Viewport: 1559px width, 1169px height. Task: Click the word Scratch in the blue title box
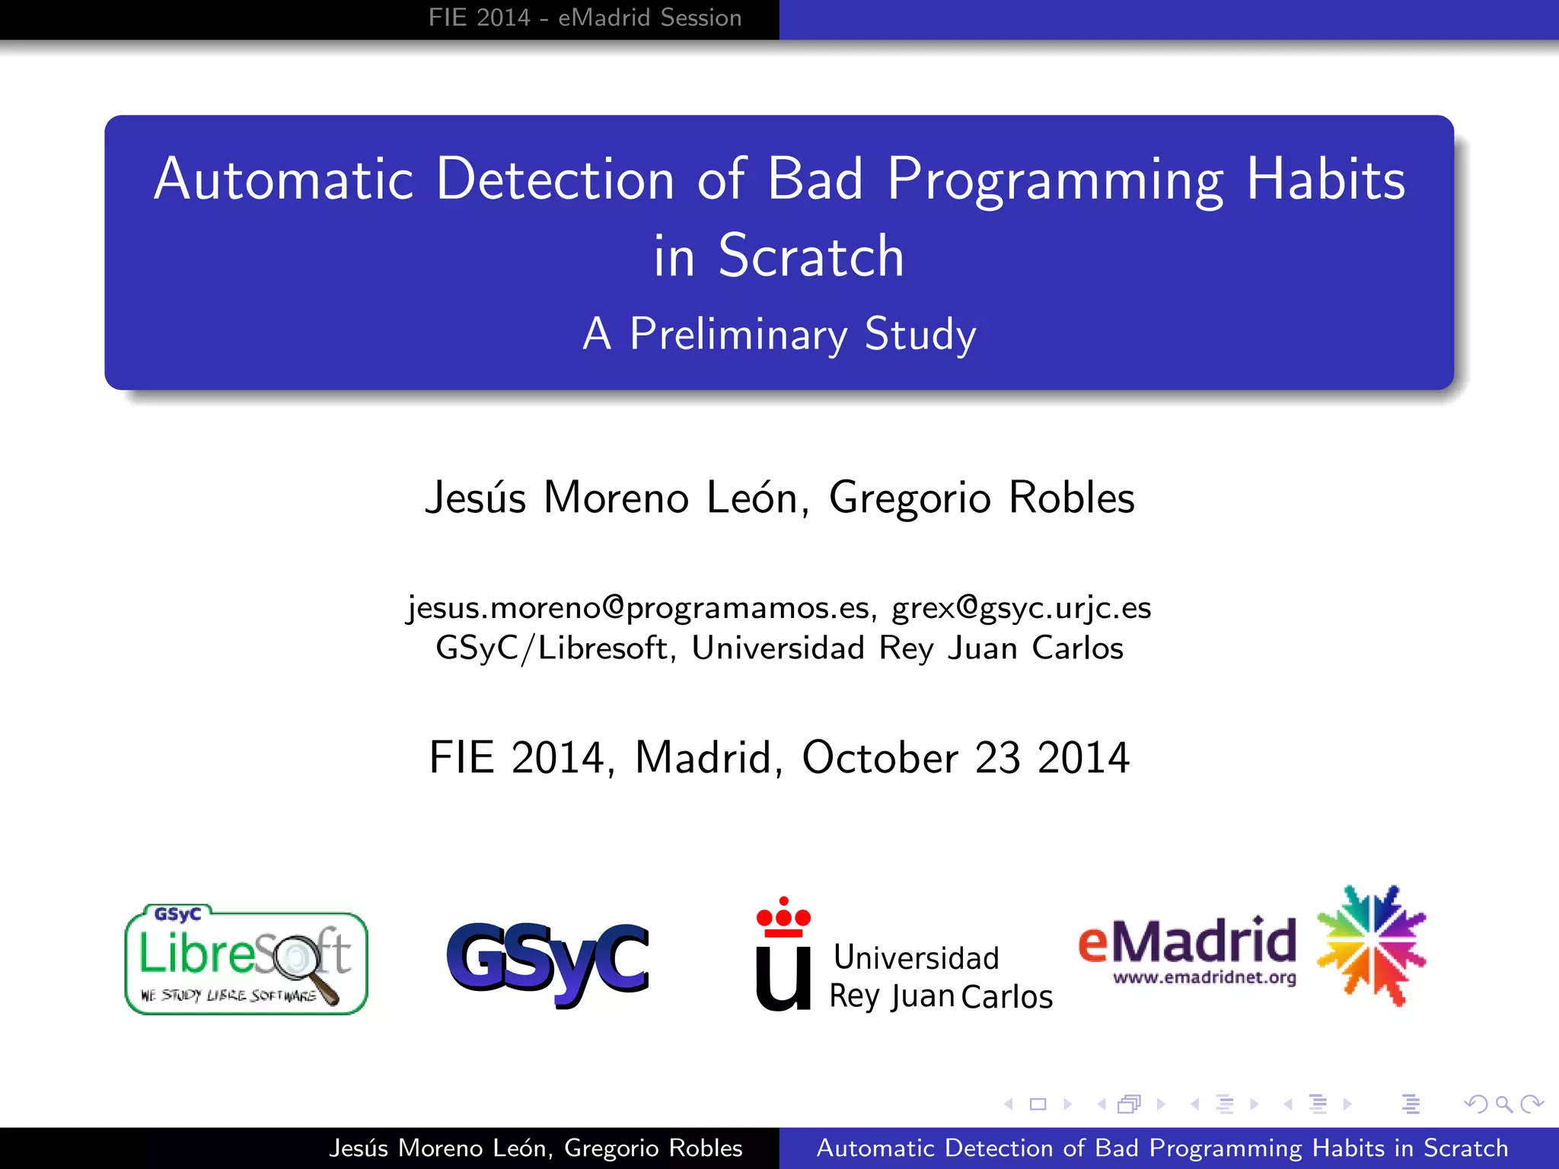point(811,256)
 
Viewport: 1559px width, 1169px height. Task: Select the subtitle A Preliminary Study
point(779,334)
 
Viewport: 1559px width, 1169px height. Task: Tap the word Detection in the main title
point(555,180)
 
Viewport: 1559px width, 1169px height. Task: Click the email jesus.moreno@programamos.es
point(638,608)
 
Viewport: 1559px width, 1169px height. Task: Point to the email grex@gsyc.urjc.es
point(1021,608)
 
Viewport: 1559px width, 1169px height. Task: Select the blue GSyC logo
point(548,962)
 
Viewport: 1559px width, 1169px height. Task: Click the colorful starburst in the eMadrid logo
point(1371,945)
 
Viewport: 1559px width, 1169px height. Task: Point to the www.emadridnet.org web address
point(1204,977)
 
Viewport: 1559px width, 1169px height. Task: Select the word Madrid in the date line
point(703,758)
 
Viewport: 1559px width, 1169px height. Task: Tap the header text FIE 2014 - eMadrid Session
point(585,18)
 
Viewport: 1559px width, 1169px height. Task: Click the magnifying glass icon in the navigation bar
point(1503,1104)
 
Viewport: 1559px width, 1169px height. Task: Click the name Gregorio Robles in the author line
point(981,498)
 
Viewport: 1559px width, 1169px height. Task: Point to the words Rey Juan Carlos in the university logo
point(941,996)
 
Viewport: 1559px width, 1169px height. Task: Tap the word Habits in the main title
point(1325,180)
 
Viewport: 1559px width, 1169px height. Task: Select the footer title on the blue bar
point(1162,1148)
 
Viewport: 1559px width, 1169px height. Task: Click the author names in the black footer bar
point(535,1148)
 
